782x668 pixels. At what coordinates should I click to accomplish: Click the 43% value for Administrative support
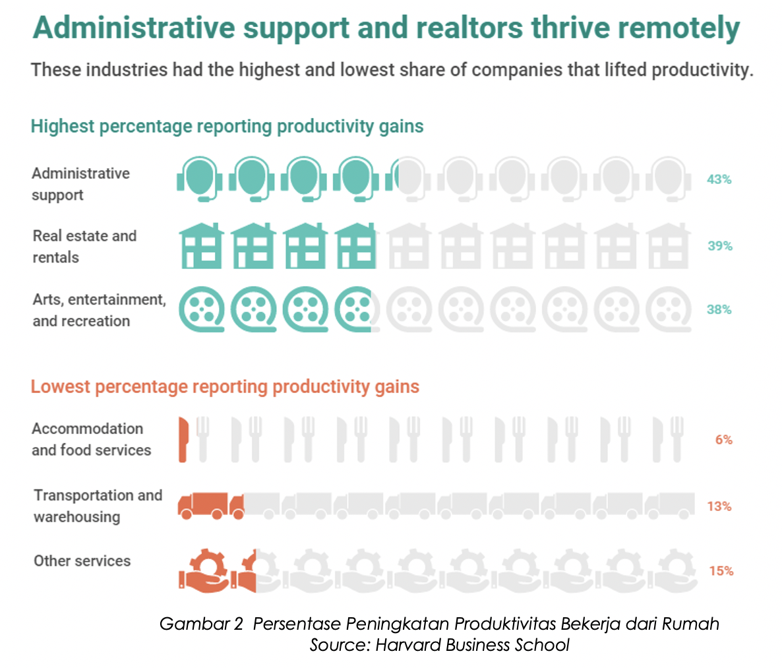tap(719, 179)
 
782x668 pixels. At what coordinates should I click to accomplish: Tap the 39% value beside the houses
tap(720, 246)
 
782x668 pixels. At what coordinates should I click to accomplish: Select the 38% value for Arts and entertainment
tap(719, 309)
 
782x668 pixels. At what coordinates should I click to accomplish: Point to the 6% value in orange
tap(723, 440)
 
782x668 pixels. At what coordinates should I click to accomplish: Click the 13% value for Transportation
tap(719, 506)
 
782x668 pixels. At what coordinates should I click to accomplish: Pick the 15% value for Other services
tap(721, 571)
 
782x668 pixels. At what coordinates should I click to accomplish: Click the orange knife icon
tap(183, 439)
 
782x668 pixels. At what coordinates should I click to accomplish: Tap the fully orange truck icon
tap(203, 506)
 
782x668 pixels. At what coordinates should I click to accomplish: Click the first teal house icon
tap(201, 245)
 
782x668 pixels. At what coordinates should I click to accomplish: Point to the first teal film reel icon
tap(201, 309)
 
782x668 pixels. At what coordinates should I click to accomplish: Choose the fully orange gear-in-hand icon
tap(204, 570)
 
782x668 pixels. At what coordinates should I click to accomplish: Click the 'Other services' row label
tap(82, 561)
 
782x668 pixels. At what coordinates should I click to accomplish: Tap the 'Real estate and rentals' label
tap(84, 247)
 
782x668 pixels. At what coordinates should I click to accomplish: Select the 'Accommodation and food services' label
tap(91, 439)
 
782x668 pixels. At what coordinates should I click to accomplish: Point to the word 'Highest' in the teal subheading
tap(63, 127)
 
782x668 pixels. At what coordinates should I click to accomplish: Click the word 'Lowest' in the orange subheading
tap(60, 386)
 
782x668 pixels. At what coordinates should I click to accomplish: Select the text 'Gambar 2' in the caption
tap(201, 624)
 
